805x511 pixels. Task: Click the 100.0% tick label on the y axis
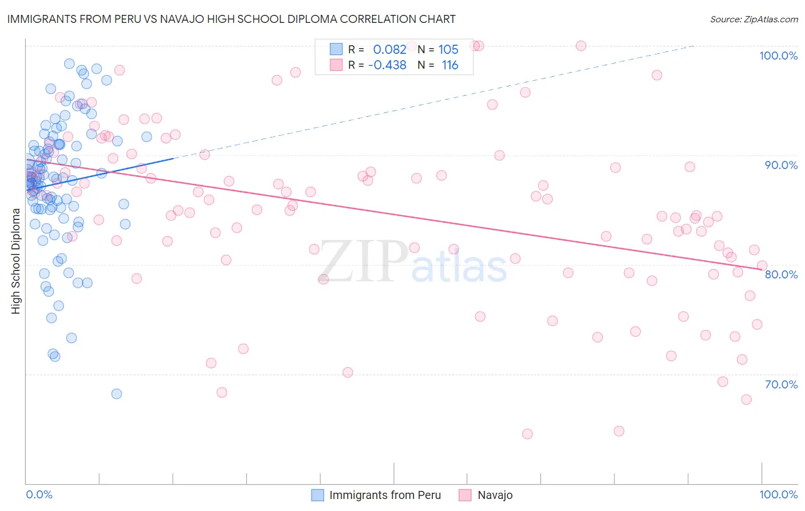click(x=778, y=56)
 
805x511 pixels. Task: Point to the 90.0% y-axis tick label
click(x=781, y=165)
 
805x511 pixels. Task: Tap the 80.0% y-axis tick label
click(x=781, y=274)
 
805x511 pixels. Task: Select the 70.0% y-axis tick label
click(x=781, y=384)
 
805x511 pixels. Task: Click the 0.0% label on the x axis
click(x=39, y=494)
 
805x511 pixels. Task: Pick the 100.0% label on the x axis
click(x=778, y=494)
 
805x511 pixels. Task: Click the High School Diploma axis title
click(x=16, y=261)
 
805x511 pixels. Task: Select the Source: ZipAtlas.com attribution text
click(x=753, y=19)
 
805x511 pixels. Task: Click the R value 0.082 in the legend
click(x=389, y=50)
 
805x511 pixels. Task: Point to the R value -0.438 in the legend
click(x=387, y=65)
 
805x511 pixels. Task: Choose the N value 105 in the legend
click(x=448, y=50)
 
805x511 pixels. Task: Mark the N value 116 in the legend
click(x=450, y=65)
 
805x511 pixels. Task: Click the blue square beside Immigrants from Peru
click(x=317, y=495)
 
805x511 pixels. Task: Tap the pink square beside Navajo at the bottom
click(x=465, y=495)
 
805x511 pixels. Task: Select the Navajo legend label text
click(x=495, y=495)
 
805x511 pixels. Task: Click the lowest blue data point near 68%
click(x=116, y=394)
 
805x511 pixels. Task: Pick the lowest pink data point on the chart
click(x=527, y=434)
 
